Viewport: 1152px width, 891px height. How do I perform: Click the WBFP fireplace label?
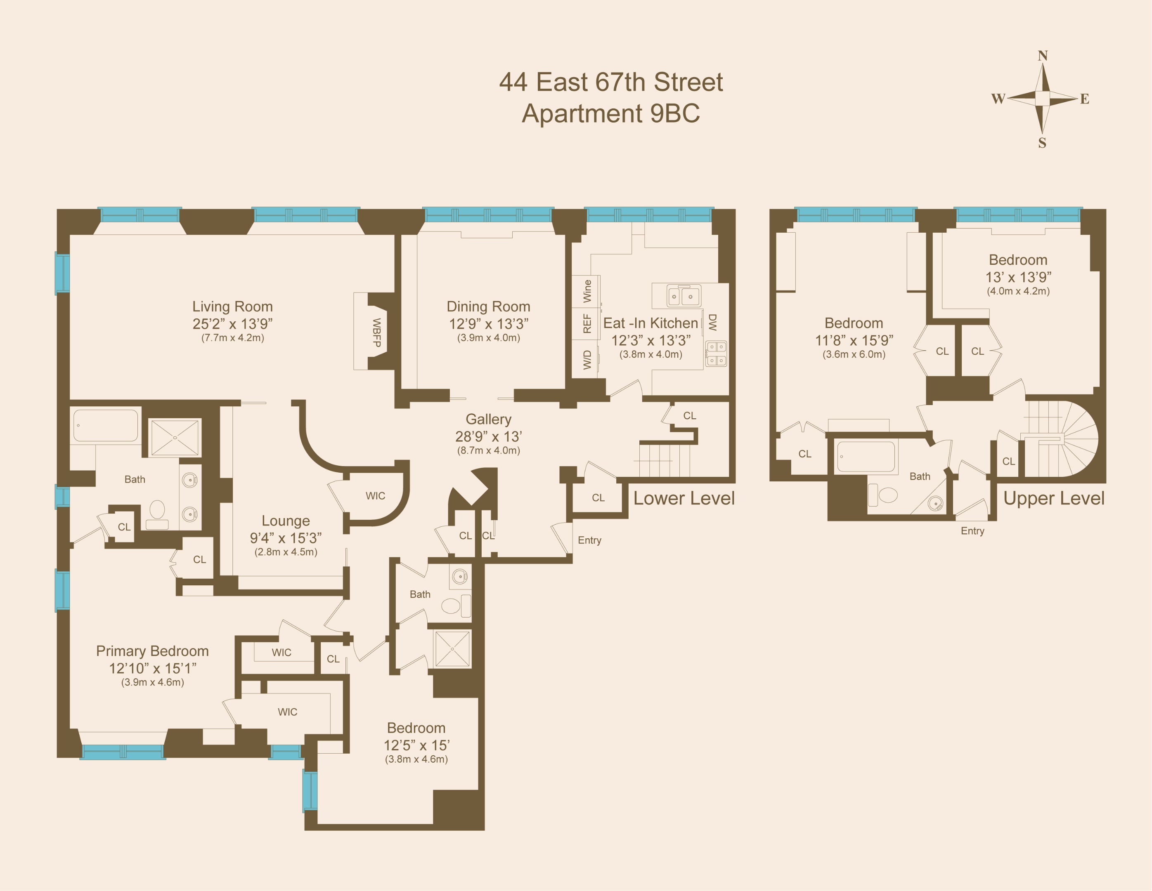coord(376,332)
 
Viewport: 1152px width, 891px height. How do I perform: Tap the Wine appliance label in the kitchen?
coord(587,291)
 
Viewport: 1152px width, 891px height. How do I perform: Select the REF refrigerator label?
coord(587,324)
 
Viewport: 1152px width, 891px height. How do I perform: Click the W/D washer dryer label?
coord(587,360)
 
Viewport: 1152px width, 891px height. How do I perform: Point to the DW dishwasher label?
coord(712,322)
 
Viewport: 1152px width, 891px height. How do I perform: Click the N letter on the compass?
coord(1042,56)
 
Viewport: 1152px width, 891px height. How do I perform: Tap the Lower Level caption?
coord(684,498)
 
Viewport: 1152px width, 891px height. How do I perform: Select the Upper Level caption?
coord(1053,498)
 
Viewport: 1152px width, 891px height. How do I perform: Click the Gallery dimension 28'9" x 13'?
coord(488,436)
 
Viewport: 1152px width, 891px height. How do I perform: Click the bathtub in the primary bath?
coord(106,425)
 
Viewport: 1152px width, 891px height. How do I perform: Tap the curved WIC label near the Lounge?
coord(375,495)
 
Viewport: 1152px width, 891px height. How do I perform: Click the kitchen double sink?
coord(684,296)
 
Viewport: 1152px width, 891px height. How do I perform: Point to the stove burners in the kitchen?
coord(716,354)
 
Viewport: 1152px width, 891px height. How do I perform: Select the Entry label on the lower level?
coord(589,540)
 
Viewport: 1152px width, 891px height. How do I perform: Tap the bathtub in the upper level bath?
coord(866,457)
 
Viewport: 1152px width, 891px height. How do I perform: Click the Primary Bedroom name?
coord(152,651)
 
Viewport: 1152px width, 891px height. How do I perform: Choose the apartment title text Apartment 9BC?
coord(611,113)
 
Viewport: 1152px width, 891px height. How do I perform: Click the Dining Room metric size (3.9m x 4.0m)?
coord(488,338)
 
